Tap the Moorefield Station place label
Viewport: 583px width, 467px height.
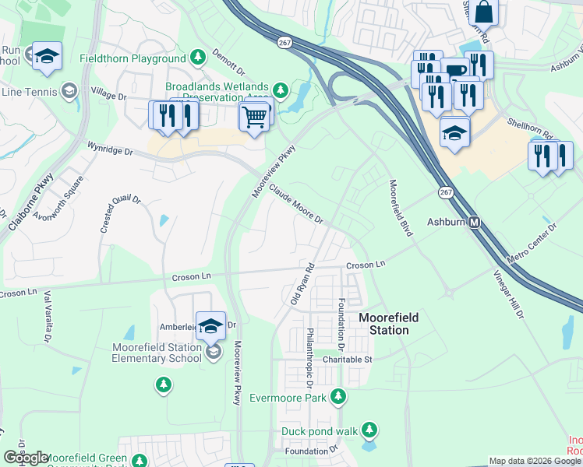pos(388,324)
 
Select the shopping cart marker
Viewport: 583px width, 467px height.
pos(255,118)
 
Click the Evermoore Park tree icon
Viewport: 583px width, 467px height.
pos(337,397)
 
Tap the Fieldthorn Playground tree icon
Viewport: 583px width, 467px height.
pos(198,58)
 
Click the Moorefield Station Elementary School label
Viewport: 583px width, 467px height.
pos(157,353)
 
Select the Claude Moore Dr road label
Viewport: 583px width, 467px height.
pos(296,204)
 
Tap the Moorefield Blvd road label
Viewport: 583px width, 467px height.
pos(401,208)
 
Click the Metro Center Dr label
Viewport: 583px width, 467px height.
pos(532,244)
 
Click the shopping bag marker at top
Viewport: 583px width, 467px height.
pos(483,13)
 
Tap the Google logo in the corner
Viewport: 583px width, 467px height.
pos(26,458)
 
